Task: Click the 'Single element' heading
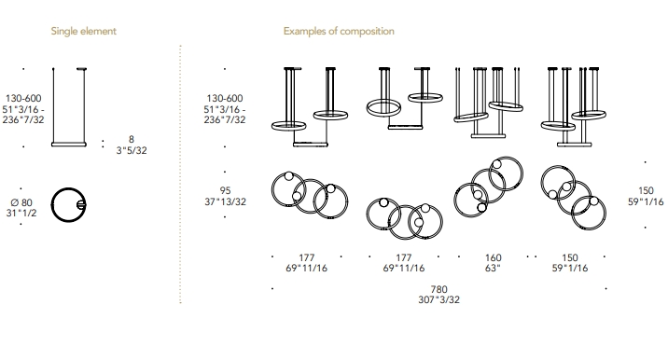click(84, 31)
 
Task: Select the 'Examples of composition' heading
click(339, 31)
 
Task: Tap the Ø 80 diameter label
click(21, 202)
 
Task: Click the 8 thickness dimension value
click(132, 139)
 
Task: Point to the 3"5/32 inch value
click(132, 150)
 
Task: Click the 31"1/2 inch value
click(21, 213)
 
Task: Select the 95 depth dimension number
click(226, 190)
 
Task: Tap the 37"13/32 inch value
click(226, 201)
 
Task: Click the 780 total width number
click(438, 290)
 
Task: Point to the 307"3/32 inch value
click(438, 300)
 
